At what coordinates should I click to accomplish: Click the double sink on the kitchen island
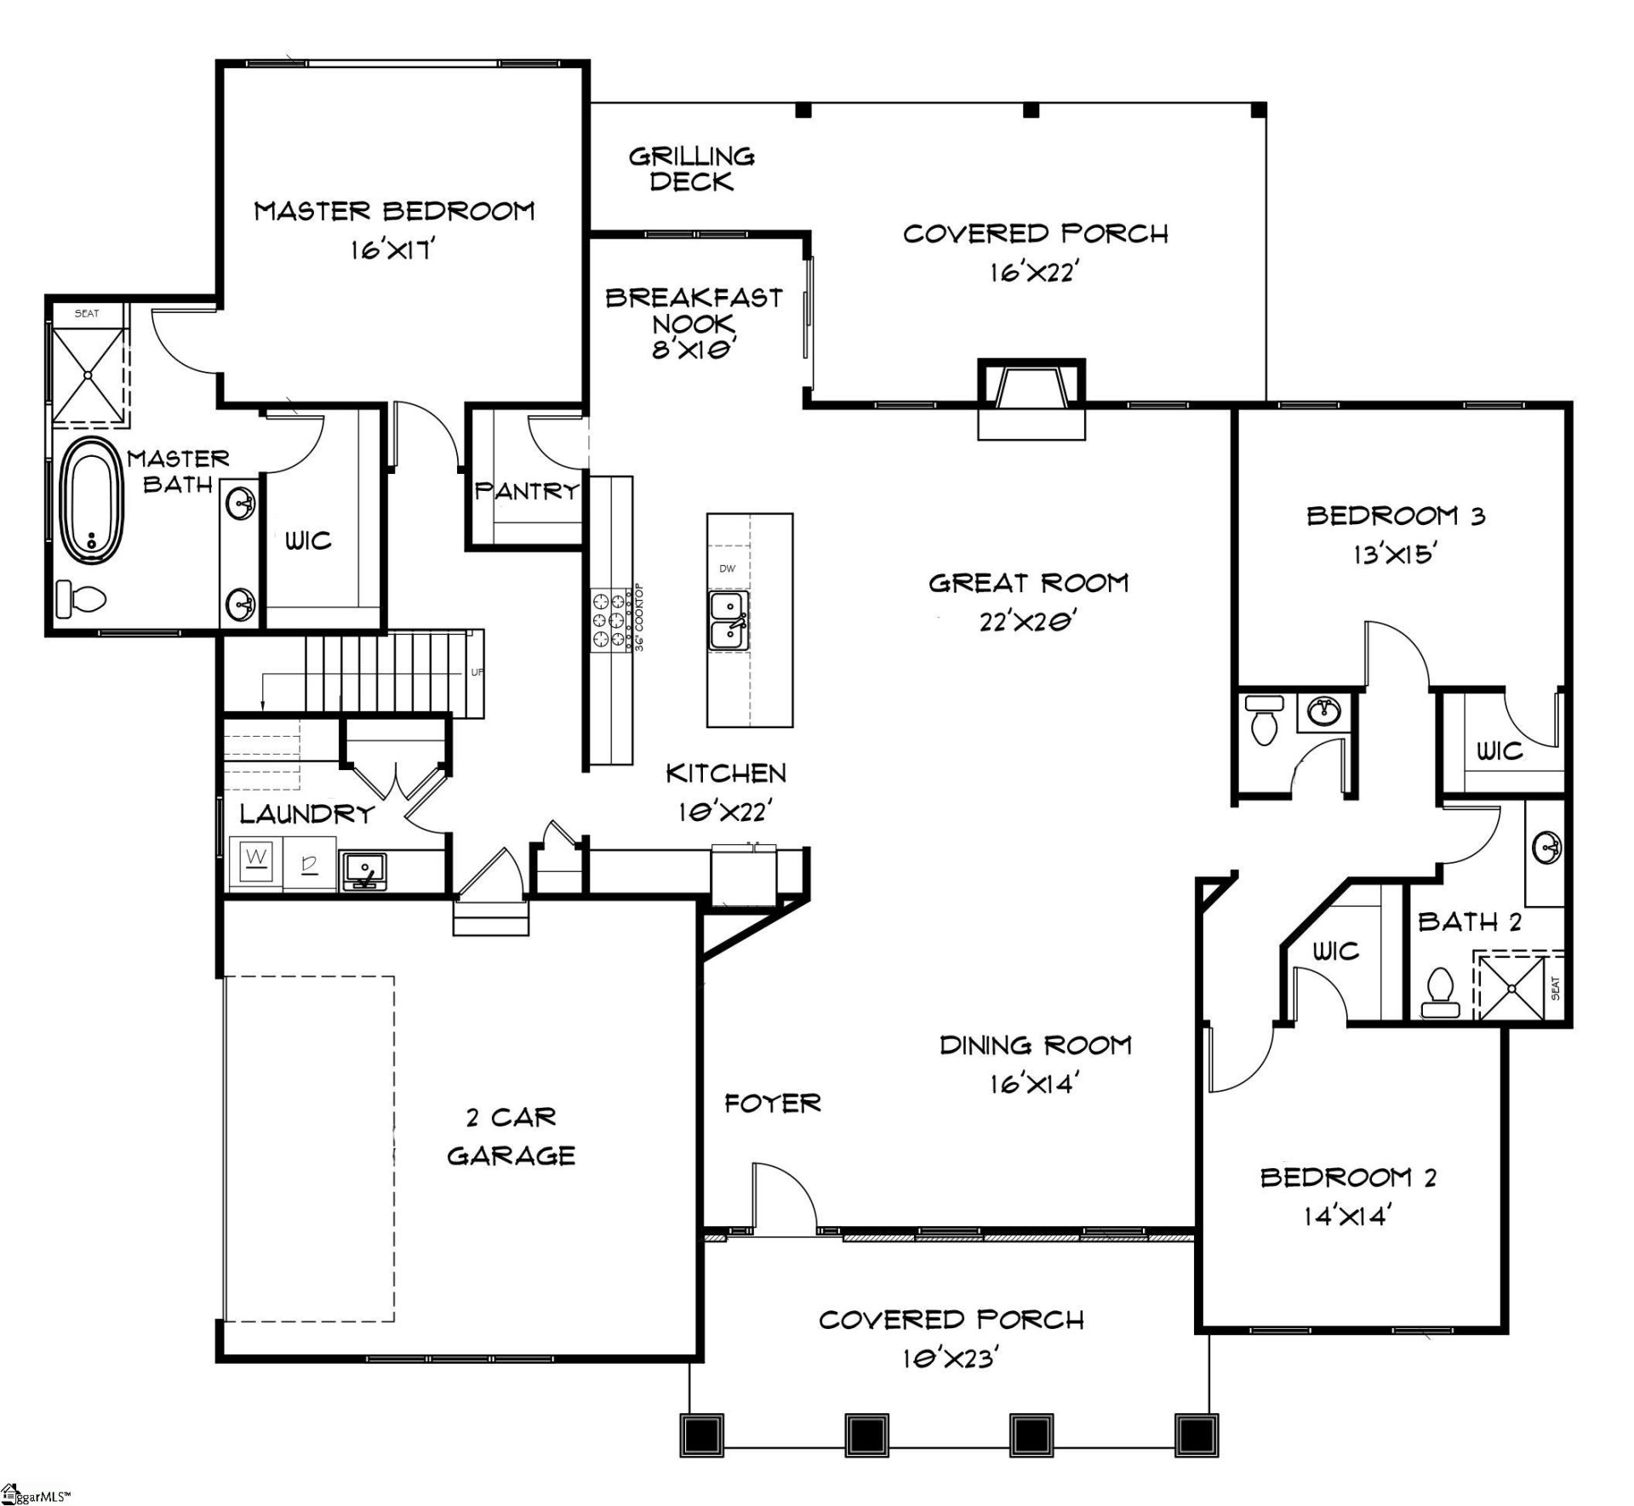[728, 621]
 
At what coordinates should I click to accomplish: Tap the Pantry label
[526, 491]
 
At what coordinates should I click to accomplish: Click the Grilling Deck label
[691, 168]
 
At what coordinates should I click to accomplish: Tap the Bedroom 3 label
[1396, 516]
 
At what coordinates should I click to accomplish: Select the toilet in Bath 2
[1440, 992]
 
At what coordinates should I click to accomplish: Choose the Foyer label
[772, 1104]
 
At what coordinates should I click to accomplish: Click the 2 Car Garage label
[511, 1136]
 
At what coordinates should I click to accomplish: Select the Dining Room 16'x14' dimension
[1034, 1084]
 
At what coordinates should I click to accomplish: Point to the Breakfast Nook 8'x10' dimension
[693, 350]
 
